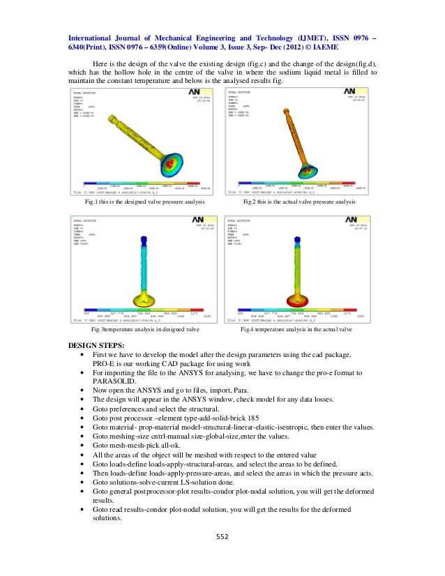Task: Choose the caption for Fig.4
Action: tap(296, 328)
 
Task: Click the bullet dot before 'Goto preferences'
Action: tap(84, 409)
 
